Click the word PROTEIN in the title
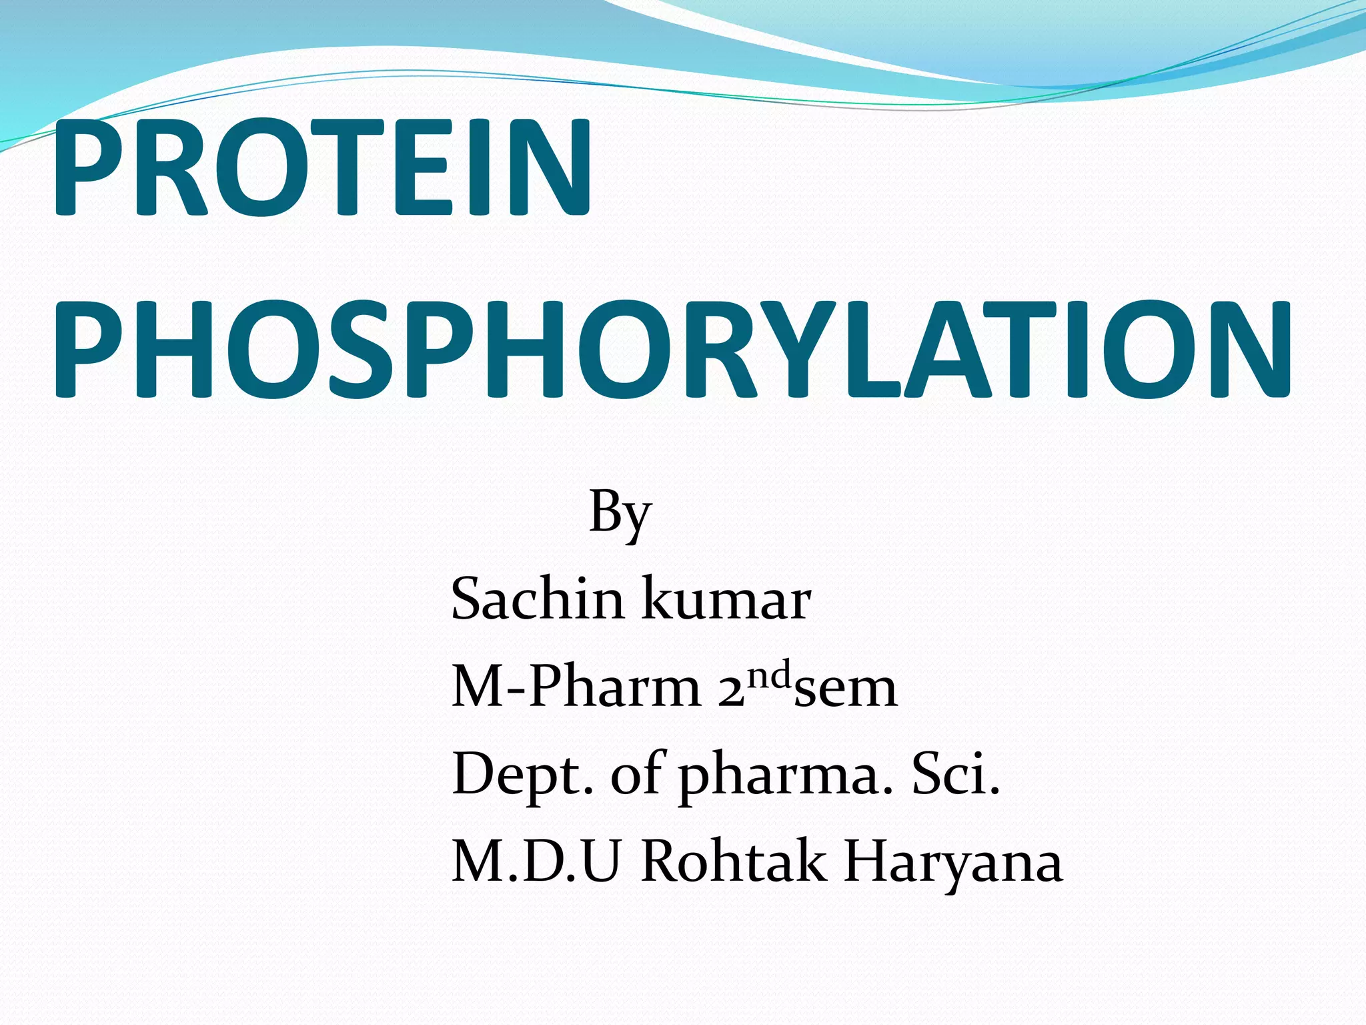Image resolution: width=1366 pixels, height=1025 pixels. [322, 168]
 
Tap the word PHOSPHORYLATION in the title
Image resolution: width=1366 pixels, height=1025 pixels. [672, 350]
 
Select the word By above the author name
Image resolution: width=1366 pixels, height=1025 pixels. [620, 512]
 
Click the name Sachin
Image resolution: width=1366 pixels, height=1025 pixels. [538, 598]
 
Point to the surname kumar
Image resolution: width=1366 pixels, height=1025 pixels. [726, 598]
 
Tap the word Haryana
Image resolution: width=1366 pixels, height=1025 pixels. [952, 864]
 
